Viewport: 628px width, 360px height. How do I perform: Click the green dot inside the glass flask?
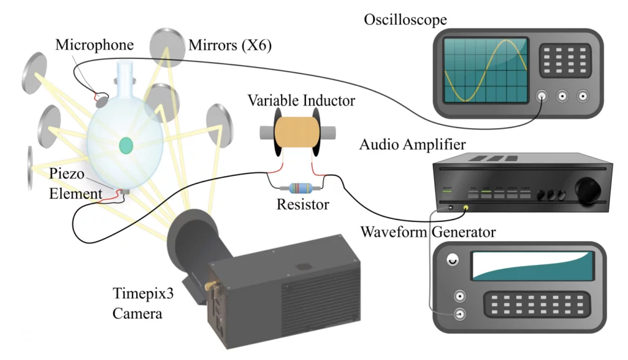pos(126,145)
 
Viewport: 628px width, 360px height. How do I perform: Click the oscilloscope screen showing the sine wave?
pos(486,70)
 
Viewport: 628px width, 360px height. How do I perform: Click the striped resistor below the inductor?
pos(297,189)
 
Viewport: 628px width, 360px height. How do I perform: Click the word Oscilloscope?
pos(405,20)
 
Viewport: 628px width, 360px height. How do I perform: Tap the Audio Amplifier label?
pos(412,145)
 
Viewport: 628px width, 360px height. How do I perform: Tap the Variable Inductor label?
pos(301,99)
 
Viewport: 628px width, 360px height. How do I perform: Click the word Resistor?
pos(302,205)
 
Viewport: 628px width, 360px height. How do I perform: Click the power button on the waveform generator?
pos(453,260)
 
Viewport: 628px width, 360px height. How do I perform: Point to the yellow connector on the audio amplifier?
pos(467,208)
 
